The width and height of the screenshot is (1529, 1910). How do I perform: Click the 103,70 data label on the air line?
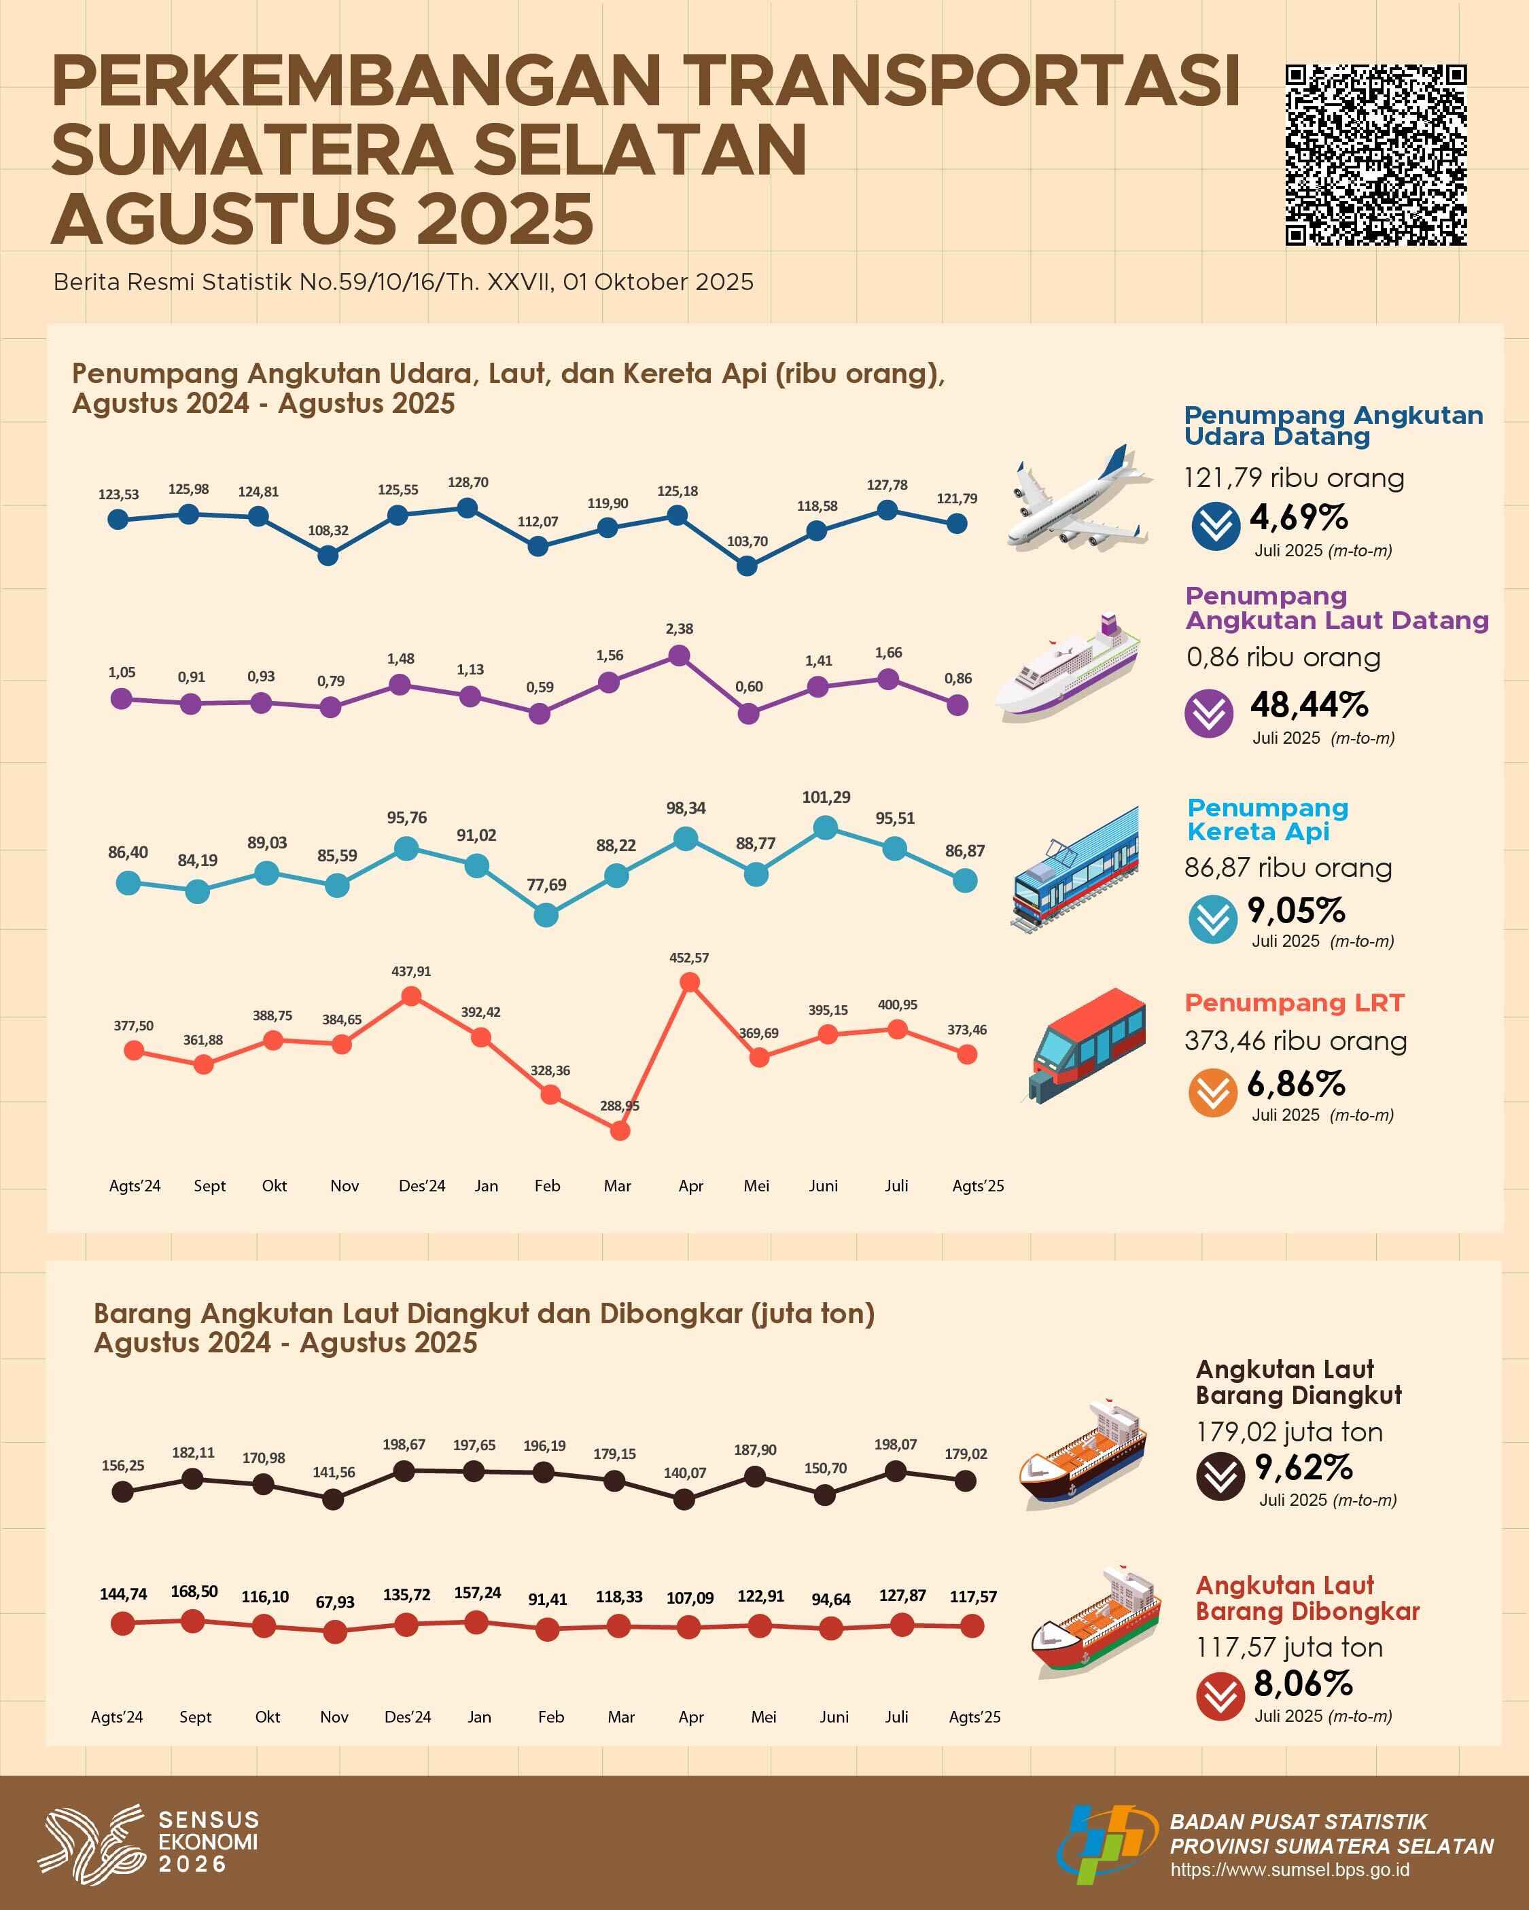point(748,541)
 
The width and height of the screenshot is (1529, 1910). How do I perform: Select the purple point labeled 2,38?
point(679,655)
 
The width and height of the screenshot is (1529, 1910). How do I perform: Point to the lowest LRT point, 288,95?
point(620,1130)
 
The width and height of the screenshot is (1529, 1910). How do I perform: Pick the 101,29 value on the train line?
point(826,797)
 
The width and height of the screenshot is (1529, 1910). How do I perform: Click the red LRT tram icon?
point(1087,1045)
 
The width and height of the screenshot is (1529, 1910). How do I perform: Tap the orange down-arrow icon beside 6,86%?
point(1212,1092)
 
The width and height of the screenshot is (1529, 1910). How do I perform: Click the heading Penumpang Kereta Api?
point(1267,819)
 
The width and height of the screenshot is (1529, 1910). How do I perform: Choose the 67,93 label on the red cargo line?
point(335,1602)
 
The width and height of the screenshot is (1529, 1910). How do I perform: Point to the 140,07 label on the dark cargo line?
point(685,1473)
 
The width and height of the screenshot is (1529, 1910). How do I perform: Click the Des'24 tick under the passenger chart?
point(422,1186)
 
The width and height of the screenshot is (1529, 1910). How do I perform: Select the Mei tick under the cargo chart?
point(763,1717)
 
